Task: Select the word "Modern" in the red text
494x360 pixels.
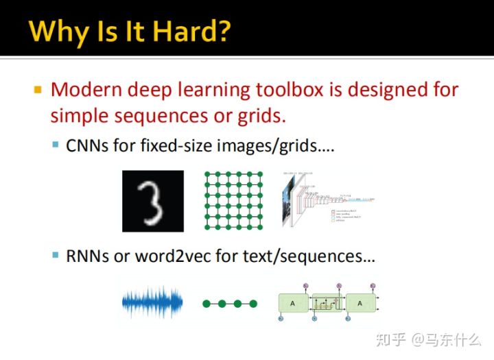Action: pyautogui.click(x=88, y=90)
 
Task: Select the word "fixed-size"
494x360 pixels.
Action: pyautogui.click(x=172, y=145)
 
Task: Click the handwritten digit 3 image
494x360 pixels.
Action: pyautogui.click(x=153, y=201)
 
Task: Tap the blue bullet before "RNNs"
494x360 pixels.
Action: pyautogui.click(x=56, y=256)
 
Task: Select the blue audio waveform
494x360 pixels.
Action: pyautogui.click(x=152, y=302)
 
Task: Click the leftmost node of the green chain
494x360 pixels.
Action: pyautogui.click(x=205, y=303)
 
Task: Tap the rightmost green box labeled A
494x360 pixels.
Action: pyautogui.click(x=360, y=302)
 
